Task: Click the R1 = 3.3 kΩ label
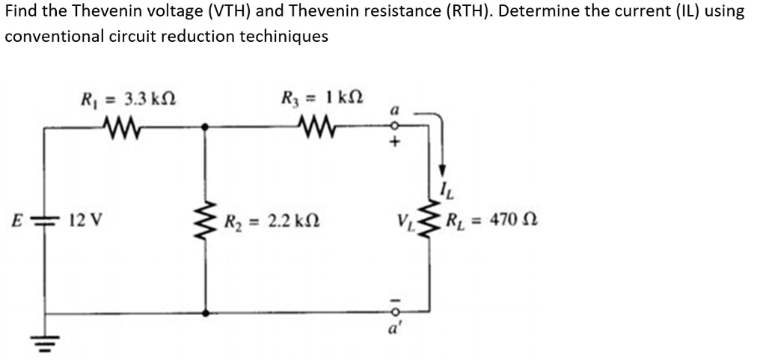(127, 101)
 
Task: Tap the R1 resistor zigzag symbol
(122, 129)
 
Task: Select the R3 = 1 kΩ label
(322, 97)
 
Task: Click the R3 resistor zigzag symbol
(317, 129)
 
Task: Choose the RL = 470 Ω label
(492, 220)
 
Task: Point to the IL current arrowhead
(442, 170)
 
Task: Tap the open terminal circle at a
(396, 126)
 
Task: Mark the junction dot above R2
(205, 127)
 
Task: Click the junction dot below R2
(205, 313)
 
